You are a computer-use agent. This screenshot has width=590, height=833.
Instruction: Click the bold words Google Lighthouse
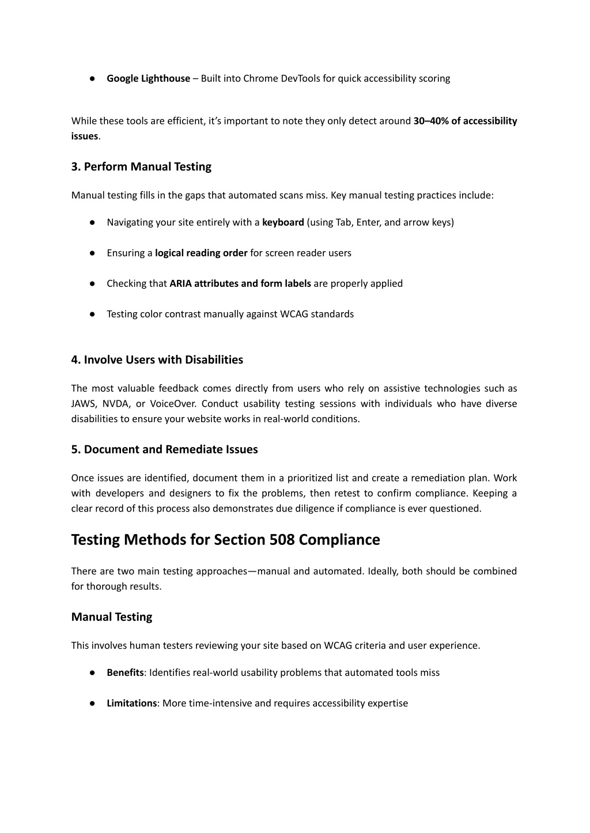point(148,78)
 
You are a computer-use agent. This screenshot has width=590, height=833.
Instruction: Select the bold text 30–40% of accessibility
point(465,121)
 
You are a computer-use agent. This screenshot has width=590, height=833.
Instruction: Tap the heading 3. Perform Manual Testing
point(141,167)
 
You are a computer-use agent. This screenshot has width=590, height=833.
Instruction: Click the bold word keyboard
point(283,222)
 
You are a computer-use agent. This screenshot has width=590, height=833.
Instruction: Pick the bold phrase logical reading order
point(201,253)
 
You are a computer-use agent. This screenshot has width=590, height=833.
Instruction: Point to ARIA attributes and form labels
point(240,283)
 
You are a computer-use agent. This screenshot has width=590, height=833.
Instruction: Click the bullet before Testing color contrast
point(92,315)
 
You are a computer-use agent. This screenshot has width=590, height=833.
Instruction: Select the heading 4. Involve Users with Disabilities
point(157,360)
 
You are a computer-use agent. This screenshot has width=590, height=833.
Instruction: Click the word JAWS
point(84,404)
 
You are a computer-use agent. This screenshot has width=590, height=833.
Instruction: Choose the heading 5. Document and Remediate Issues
point(164,450)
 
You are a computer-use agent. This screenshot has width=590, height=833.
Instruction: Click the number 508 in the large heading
point(282,540)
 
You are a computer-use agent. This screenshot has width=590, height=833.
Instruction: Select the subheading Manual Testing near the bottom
point(112,617)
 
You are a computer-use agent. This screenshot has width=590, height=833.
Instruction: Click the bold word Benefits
point(125,673)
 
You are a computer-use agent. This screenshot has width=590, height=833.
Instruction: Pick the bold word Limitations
point(131,703)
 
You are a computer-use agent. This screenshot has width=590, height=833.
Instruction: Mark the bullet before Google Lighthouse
point(92,79)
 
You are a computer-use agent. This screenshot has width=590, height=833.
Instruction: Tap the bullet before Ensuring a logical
point(92,253)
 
